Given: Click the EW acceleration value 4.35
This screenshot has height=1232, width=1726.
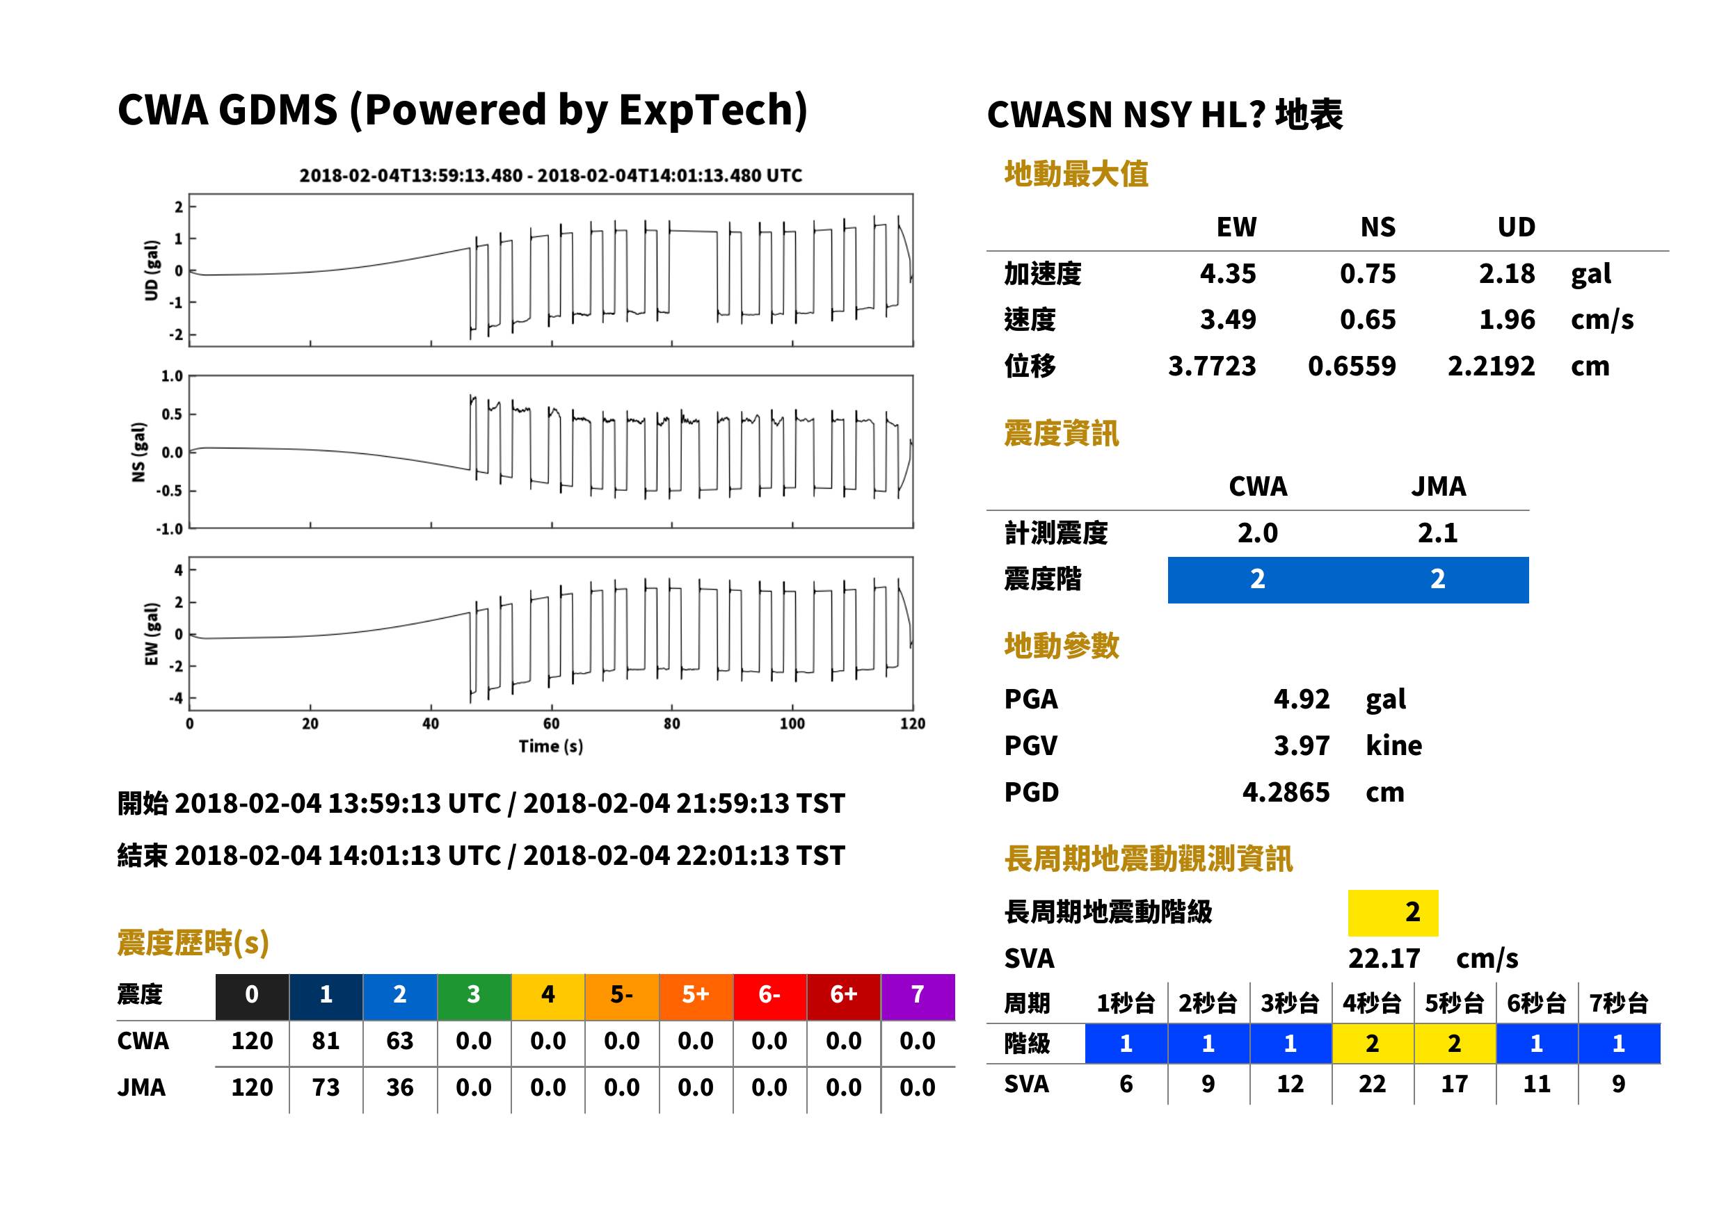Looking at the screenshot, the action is (1227, 274).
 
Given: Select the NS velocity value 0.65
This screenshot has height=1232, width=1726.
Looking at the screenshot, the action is (1367, 319).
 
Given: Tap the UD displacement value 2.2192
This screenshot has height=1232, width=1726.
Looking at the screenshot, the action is (1491, 366).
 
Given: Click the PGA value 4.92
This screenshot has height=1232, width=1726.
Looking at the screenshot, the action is (1301, 699).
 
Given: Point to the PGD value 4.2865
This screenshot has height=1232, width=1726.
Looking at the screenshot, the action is (1286, 792).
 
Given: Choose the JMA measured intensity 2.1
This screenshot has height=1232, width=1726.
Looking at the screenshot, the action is (1437, 533).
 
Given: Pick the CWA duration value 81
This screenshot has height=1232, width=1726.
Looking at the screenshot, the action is (326, 1041).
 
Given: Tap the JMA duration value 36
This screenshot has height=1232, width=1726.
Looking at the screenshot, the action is (399, 1088).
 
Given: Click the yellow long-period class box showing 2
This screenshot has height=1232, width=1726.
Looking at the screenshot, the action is (1393, 913).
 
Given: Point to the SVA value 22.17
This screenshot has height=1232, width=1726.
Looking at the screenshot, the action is (1384, 959).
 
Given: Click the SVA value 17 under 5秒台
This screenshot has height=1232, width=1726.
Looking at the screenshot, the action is (1453, 1084).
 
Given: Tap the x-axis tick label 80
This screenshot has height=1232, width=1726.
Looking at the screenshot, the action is (672, 724).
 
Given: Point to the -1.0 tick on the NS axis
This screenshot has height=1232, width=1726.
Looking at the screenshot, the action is (170, 529).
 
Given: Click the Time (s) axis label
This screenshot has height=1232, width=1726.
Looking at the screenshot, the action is (551, 747).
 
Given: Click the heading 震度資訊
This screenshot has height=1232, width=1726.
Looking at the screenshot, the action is (1061, 434).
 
